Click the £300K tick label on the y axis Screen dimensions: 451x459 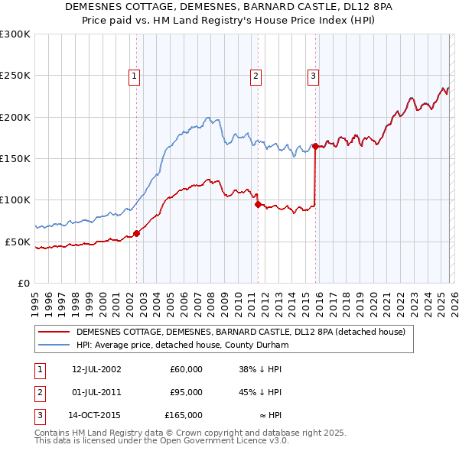(x=15, y=34)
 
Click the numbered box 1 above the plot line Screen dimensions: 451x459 (x=134, y=75)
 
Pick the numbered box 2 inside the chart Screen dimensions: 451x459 (x=256, y=75)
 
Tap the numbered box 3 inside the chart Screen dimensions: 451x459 (x=314, y=75)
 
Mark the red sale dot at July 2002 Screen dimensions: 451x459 (x=137, y=233)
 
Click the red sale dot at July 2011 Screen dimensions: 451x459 (x=258, y=204)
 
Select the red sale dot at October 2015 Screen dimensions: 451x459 (x=316, y=146)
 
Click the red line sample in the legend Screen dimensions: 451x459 (x=55, y=332)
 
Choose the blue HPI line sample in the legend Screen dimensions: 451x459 (x=55, y=345)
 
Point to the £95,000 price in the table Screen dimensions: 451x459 (x=187, y=392)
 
